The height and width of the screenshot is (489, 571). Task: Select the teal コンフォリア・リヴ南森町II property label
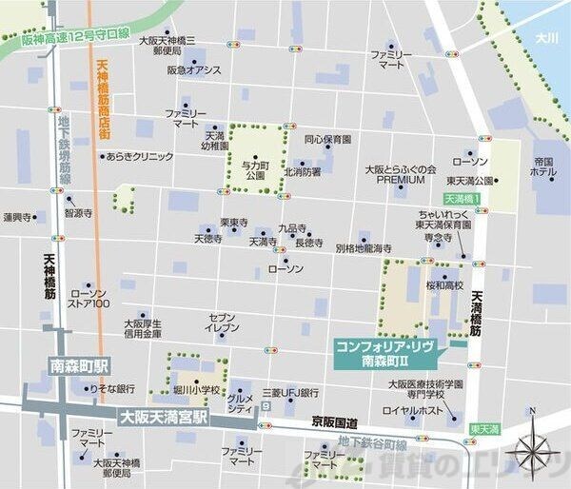(384, 354)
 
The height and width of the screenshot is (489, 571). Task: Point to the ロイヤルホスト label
(412, 410)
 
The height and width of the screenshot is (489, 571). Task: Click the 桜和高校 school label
(444, 284)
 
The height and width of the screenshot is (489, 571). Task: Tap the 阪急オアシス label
(193, 69)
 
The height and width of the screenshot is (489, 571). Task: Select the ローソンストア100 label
(89, 298)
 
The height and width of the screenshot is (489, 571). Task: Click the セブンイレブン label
(222, 322)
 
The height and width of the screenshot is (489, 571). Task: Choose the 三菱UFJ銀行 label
(288, 392)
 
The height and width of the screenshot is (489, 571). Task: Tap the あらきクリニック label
(139, 156)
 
